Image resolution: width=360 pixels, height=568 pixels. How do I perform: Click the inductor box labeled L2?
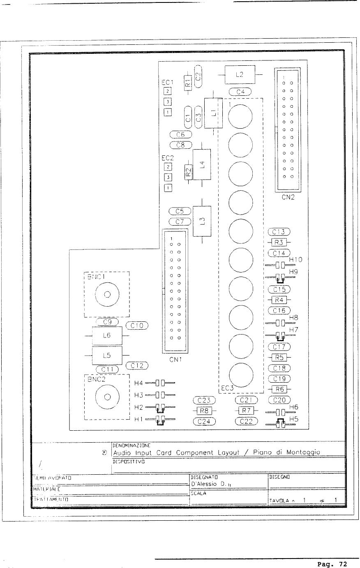240,75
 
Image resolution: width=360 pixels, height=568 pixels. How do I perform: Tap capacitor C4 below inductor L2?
242,92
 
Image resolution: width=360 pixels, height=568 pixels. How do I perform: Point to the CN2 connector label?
288,197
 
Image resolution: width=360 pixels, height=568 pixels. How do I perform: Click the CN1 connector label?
175,359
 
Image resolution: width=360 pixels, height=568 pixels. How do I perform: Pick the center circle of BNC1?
107,294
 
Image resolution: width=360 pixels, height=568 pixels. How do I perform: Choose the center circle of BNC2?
107,397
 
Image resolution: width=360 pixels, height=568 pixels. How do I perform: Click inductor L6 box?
107,336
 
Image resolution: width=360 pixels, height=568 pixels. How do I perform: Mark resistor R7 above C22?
245,411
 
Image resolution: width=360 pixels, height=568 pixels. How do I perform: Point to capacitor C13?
279,231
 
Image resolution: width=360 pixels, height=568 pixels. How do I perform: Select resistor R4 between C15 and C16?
279,299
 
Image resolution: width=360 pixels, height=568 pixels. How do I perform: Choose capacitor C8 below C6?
181,145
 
